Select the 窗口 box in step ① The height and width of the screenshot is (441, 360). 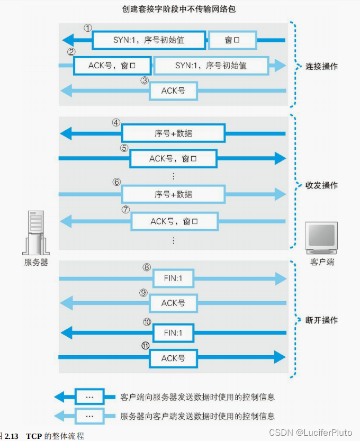tap(232, 40)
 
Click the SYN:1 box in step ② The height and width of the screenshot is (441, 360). tap(211, 66)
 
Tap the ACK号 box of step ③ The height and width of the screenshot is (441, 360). tap(173, 91)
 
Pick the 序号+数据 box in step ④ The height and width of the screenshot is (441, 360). tap(173, 133)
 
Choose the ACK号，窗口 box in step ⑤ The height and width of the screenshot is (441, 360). tap(173, 158)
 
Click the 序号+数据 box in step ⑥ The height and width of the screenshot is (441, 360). tap(173, 194)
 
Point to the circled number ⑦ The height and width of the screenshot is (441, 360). tap(125, 209)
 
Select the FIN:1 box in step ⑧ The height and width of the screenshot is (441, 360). tap(173, 278)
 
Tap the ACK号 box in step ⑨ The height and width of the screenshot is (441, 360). tap(173, 303)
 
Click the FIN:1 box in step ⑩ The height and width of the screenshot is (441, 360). tap(173, 333)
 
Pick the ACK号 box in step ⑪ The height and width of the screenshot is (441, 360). tap(173, 358)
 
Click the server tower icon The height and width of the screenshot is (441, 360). tap(36, 233)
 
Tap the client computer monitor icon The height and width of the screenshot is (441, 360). tap(322, 238)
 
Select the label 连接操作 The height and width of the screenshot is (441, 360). tap(321, 67)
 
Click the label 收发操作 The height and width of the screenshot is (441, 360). tap(321, 186)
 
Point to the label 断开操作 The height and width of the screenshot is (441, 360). tap(321, 320)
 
